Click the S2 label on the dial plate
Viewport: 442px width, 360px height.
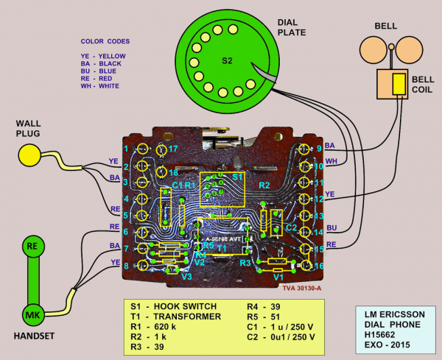pos(227,60)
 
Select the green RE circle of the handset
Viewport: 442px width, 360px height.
pos(32,246)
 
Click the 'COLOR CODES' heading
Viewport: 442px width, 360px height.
pos(108,41)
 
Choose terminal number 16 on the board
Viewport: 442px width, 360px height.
pos(318,266)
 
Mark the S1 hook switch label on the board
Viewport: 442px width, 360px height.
pos(236,177)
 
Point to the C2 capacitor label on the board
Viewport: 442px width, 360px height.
pos(290,228)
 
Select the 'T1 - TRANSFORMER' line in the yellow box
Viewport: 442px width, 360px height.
pos(171,317)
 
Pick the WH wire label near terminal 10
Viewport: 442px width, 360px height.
pos(331,160)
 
